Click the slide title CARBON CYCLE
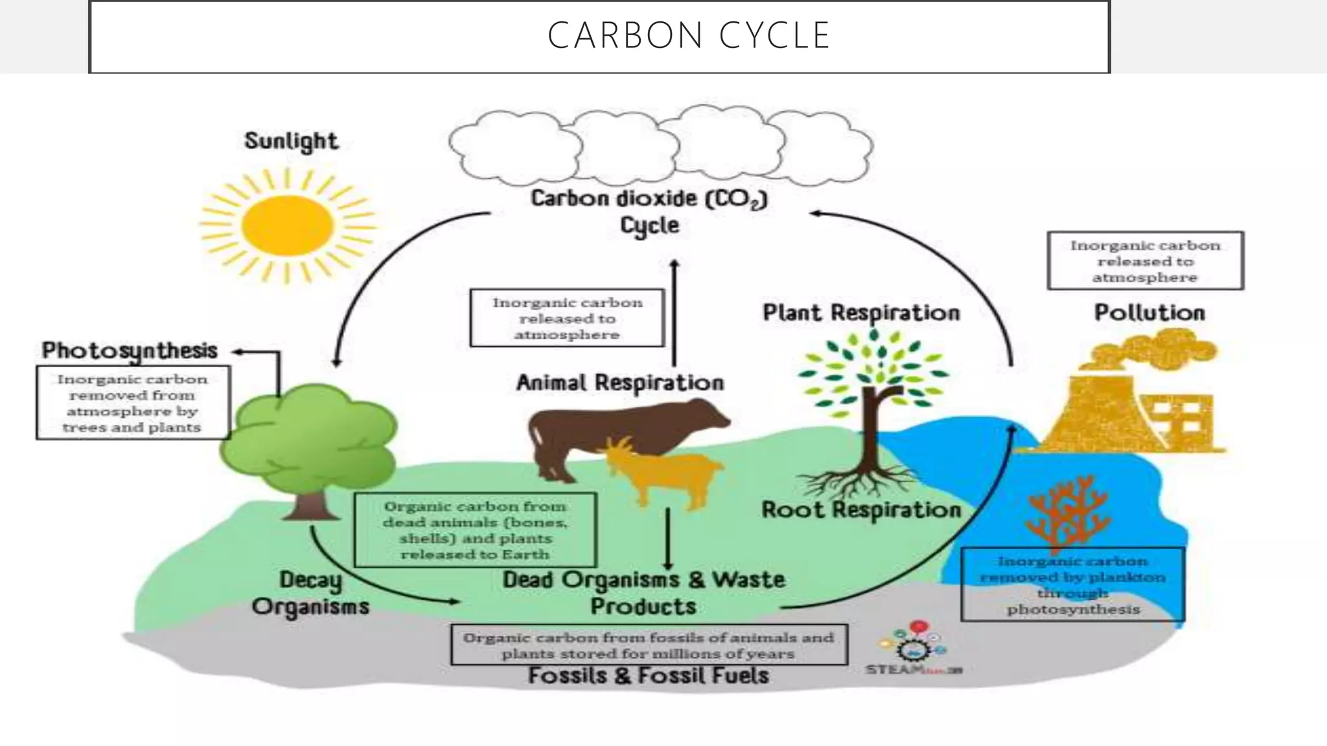(x=688, y=36)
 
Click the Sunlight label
(x=291, y=141)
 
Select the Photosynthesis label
(x=130, y=350)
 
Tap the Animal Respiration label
(x=619, y=383)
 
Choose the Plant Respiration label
(x=860, y=313)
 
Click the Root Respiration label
(x=860, y=510)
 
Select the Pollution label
(x=1149, y=313)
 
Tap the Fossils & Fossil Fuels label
(x=648, y=675)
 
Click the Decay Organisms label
(x=310, y=593)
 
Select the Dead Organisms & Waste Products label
(x=643, y=593)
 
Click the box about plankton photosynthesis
(x=1072, y=585)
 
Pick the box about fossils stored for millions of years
(x=648, y=645)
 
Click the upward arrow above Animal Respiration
(x=674, y=311)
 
